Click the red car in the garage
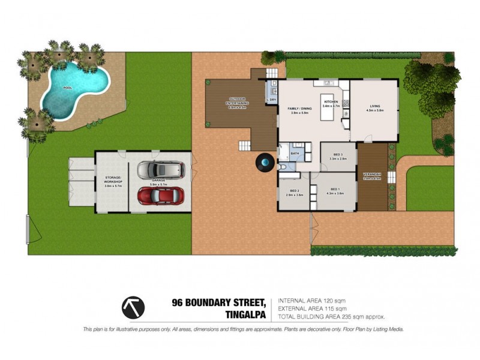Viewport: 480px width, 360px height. [160, 196]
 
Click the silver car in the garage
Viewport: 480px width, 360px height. [160, 170]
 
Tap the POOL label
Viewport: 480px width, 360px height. [67, 89]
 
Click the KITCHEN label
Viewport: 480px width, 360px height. [331, 102]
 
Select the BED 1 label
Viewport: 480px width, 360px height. [334, 190]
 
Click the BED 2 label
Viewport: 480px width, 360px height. [294, 191]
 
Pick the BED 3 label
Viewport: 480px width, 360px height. [337, 155]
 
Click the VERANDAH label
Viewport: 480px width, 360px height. [372, 175]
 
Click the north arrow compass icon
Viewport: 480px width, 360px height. [133, 308]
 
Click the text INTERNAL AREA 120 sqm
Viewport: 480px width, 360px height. [311, 301]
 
